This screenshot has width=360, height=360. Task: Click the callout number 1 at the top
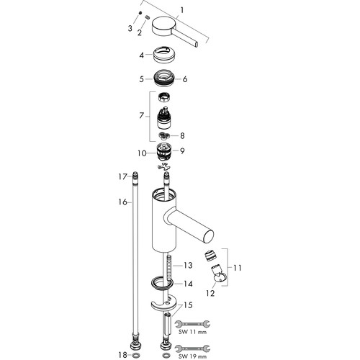click(x=182, y=10)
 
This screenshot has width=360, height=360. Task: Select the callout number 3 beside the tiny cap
click(x=130, y=28)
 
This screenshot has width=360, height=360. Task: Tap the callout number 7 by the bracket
click(x=141, y=116)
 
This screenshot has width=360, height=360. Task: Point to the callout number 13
click(x=188, y=265)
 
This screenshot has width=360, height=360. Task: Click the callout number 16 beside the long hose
click(x=122, y=202)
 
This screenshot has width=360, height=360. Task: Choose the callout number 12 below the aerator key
click(x=210, y=293)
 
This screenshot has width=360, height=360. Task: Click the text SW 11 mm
click(x=193, y=332)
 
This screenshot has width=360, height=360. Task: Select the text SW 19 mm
click(x=193, y=356)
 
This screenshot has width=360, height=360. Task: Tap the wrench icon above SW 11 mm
click(x=192, y=324)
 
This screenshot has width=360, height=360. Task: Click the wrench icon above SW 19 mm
click(x=192, y=348)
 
